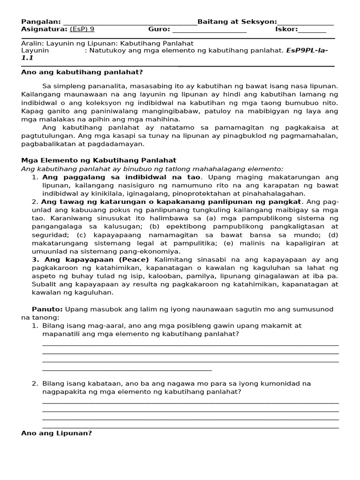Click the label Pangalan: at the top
[x=41, y=22]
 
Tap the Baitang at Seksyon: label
[x=237, y=22]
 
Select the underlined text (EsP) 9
[x=82, y=29]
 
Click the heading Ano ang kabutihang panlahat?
[x=82, y=72]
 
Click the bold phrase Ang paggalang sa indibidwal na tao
[x=121, y=177]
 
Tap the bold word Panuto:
[x=47, y=309]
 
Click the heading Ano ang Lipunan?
[x=57, y=433]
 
